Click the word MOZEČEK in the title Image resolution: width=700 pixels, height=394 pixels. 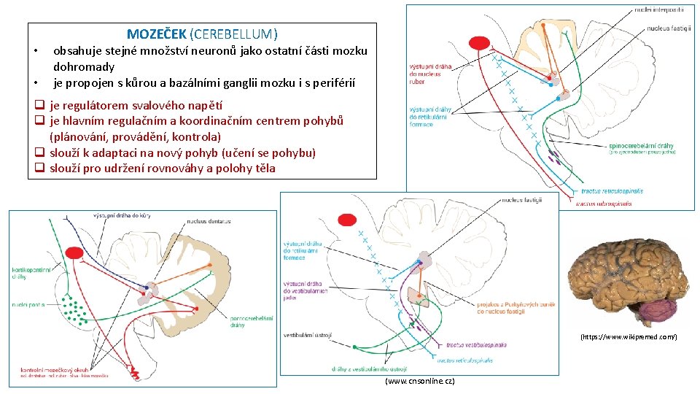pos(156,34)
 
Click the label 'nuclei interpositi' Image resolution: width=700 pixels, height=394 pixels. pos(658,10)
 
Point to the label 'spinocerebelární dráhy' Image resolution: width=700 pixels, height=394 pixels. pos(640,146)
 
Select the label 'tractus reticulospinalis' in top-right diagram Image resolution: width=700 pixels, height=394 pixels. pos(612,190)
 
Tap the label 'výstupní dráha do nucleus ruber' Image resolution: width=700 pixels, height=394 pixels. pos(430,74)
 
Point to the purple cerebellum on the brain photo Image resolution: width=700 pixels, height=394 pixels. pos(658,312)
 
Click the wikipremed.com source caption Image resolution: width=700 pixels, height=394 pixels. pos(629,337)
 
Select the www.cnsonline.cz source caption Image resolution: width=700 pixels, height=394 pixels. pos(419,382)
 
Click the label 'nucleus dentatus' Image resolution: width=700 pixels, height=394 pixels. pos(209,221)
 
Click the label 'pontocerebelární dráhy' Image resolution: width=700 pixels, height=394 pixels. pos(251,322)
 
